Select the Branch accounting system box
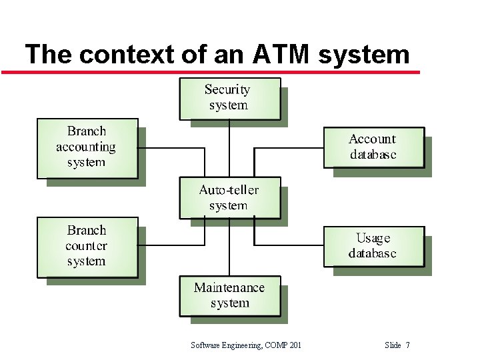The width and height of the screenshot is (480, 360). [87, 147]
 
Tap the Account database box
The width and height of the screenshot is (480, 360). [373, 147]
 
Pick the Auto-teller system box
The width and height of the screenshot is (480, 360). [229, 197]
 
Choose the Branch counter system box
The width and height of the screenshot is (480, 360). [87, 246]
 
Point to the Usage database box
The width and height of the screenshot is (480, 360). [373, 246]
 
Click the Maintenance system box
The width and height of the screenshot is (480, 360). [229, 295]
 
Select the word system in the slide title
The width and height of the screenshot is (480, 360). [364, 53]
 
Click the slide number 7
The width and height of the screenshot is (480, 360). [407, 345]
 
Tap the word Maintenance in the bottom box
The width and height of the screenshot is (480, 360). [229, 288]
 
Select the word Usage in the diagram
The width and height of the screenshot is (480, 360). [373, 238]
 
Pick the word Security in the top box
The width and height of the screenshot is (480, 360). [227, 89]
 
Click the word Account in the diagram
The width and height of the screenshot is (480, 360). [372, 139]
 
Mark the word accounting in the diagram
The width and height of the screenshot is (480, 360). [86, 147]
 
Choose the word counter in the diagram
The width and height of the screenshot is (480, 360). [86, 246]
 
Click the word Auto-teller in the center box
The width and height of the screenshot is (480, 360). [229, 190]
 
